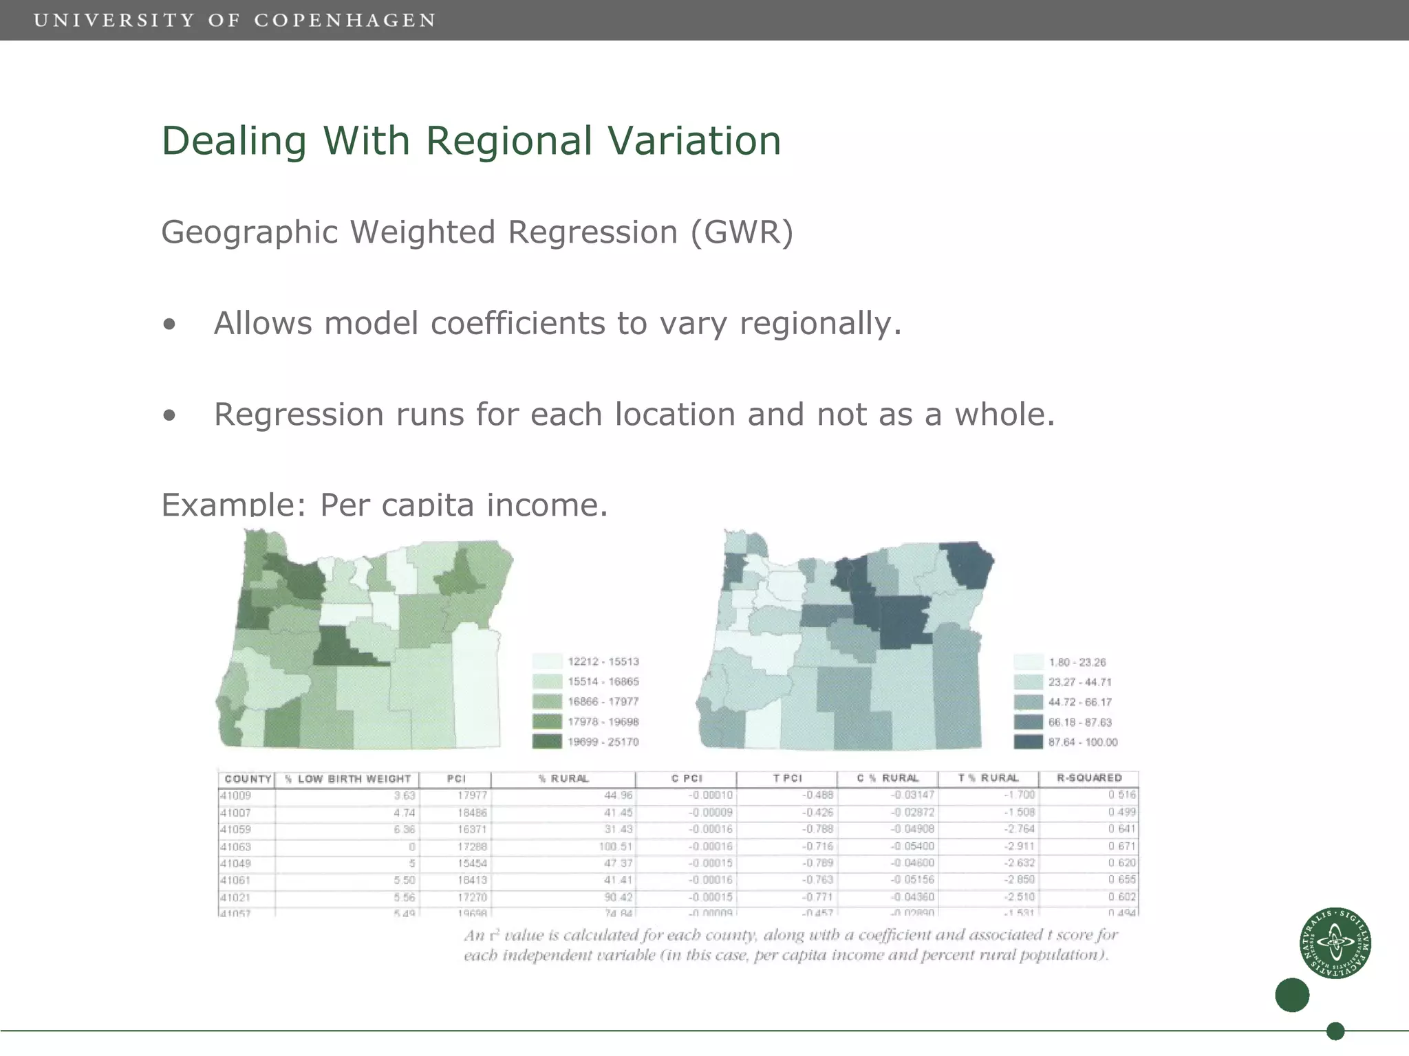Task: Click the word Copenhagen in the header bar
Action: tap(345, 20)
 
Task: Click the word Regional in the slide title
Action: tap(508, 141)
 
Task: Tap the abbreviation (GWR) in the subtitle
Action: tap(742, 232)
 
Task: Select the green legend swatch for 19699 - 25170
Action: tap(547, 742)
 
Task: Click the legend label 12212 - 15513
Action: tap(603, 661)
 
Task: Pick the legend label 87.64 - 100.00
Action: tap(1083, 742)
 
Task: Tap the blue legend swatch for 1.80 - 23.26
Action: tap(1028, 662)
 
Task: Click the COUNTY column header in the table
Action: tap(247, 779)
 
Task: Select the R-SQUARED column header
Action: tap(1089, 778)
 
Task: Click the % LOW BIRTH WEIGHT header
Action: tap(347, 779)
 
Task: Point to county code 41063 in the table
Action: tap(236, 847)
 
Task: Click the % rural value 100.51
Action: tap(616, 847)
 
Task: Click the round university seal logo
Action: tap(1335, 943)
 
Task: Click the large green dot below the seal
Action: tap(1292, 995)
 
